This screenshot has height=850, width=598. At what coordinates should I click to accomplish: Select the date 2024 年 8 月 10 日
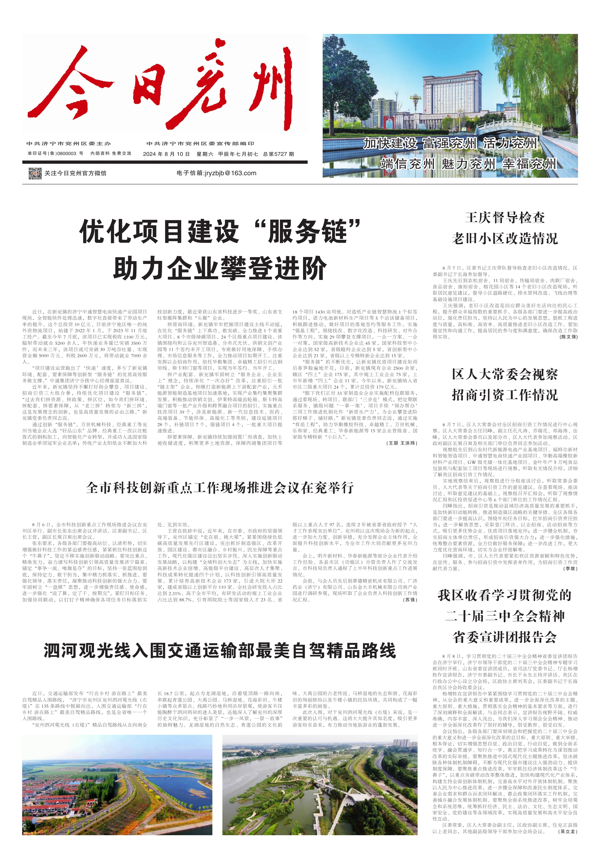click(166, 154)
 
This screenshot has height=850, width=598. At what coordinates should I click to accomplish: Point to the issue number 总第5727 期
click(279, 154)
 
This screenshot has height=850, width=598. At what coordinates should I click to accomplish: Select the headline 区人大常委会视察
click(505, 374)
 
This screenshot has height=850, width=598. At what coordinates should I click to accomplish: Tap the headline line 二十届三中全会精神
click(505, 616)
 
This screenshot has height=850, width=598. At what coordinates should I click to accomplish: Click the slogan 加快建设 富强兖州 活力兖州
click(450, 143)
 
